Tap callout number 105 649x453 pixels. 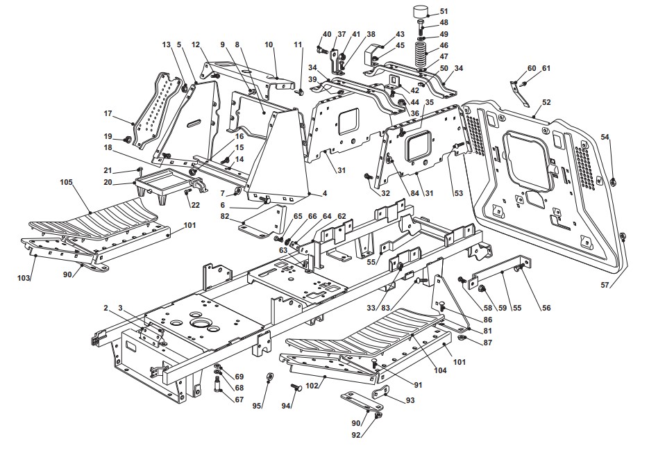[x=67, y=182]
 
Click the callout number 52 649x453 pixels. [x=546, y=102]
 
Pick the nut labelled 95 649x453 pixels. [x=268, y=377]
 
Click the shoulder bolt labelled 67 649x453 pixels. [x=218, y=384]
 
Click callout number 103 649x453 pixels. [x=23, y=278]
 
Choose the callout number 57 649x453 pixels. [x=605, y=285]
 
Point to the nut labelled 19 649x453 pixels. [x=128, y=139]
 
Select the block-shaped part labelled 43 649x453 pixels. [x=374, y=55]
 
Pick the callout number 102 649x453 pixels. [x=312, y=386]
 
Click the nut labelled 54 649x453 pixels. [x=614, y=181]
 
